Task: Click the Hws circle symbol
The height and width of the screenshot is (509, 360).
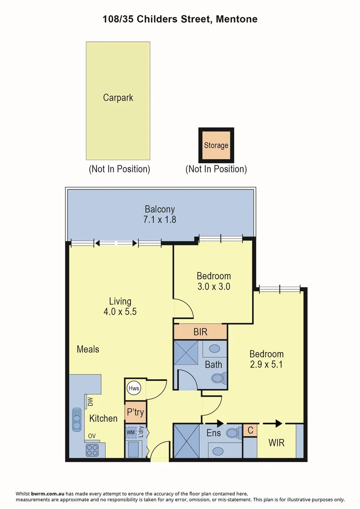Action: point(133,389)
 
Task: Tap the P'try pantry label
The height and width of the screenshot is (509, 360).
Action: point(135,413)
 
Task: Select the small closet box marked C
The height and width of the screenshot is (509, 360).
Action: point(250,430)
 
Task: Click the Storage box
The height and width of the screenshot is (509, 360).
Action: point(216,145)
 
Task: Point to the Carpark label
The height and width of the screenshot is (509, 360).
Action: point(118,98)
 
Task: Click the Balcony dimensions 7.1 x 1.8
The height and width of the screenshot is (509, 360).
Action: point(160,219)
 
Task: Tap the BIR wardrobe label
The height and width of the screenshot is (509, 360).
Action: point(200,332)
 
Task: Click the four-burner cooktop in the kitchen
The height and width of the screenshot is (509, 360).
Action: point(91,450)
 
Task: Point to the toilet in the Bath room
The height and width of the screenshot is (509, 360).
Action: point(218,378)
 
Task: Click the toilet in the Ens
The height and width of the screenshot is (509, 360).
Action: point(232,433)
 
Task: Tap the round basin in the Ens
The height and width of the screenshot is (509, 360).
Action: point(218,451)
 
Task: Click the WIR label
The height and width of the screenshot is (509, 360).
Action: point(276,443)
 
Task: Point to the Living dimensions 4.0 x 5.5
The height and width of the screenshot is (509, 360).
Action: point(120,312)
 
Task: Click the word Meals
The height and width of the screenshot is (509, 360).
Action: point(88,349)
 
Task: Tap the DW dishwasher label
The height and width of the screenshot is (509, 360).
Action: point(90,402)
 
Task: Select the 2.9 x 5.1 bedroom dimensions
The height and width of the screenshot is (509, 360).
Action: point(266,364)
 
